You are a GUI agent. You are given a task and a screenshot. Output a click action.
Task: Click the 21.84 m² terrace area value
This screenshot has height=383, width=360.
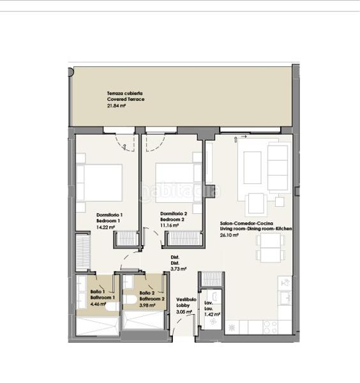(x=116, y=107)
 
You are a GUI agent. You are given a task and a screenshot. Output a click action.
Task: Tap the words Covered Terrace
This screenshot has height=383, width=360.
(x=126, y=100)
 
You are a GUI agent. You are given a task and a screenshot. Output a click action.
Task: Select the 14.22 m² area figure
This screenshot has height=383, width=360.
(x=105, y=227)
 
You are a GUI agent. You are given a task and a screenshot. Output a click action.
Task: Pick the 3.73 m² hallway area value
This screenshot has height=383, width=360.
(x=179, y=269)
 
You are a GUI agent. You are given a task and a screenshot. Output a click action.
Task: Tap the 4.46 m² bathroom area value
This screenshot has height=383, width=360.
(x=98, y=304)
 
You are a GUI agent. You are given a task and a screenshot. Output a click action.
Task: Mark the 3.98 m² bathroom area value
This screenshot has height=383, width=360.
(x=149, y=304)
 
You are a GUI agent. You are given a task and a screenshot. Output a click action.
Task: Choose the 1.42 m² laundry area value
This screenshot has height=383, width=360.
(x=213, y=314)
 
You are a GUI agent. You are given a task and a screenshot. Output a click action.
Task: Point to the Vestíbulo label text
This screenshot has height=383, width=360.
(x=186, y=298)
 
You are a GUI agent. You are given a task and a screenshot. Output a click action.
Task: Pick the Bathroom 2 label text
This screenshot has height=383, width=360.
(x=153, y=298)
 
